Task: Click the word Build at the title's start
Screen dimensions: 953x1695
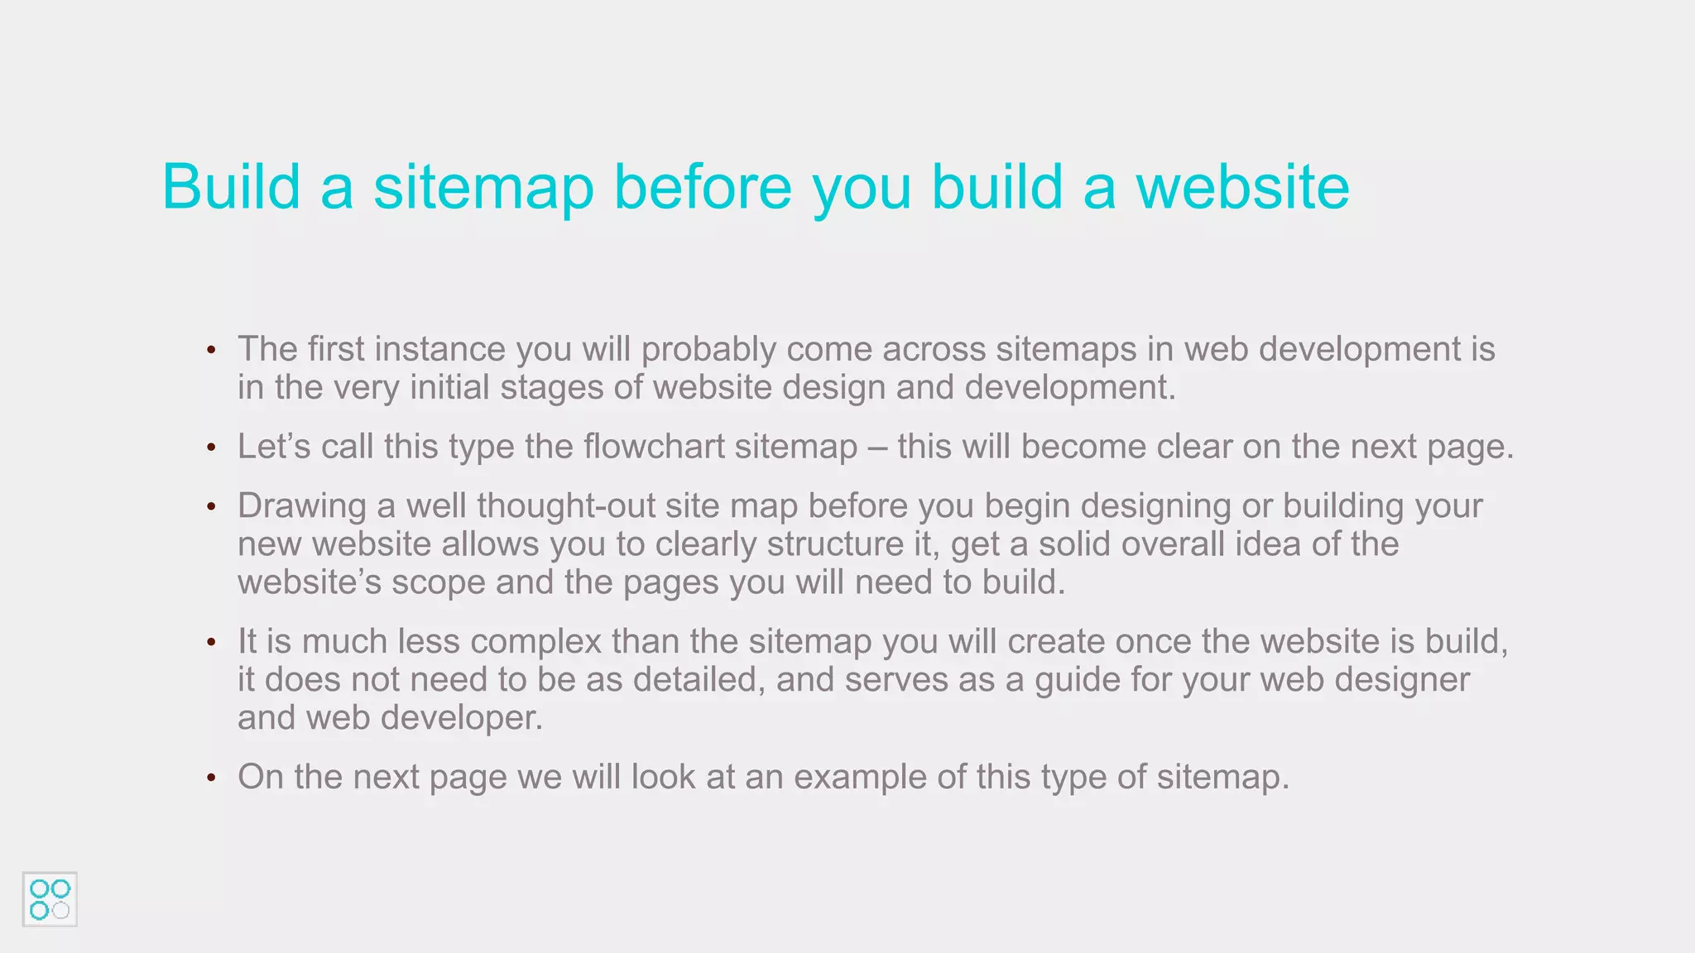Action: pyautogui.click(x=231, y=187)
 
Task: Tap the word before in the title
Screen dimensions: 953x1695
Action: pyautogui.click(x=703, y=187)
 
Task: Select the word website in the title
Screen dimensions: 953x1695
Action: pyautogui.click(x=1242, y=187)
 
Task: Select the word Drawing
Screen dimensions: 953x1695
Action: pyautogui.click(x=301, y=506)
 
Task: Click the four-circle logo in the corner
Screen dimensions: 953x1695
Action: pyautogui.click(x=50, y=899)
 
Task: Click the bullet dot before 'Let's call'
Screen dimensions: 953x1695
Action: pyautogui.click(x=212, y=448)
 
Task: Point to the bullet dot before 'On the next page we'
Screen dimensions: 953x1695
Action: pyautogui.click(x=212, y=778)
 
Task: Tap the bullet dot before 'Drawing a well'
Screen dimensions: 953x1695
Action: pyautogui.click(x=212, y=506)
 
